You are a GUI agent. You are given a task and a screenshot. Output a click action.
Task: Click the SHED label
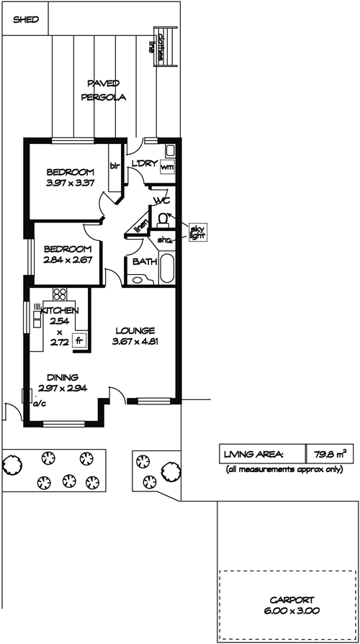click(26, 19)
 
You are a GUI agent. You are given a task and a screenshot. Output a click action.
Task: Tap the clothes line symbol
click(166, 45)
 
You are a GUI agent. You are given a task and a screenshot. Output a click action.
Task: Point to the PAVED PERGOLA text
click(103, 91)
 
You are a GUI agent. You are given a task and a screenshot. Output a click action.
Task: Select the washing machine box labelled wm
click(167, 167)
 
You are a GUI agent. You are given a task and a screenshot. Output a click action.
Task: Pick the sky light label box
click(198, 232)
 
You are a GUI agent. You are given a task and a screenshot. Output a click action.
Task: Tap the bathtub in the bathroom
click(167, 268)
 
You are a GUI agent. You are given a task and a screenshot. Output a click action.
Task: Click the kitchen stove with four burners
click(60, 294)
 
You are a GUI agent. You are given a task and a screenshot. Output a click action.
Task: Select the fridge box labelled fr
click(79, 340)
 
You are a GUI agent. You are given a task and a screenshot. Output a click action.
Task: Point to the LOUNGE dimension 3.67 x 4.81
click(135, 340)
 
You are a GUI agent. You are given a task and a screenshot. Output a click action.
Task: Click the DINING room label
click(63, 378)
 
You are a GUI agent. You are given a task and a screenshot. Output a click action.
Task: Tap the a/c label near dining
click(40, 404)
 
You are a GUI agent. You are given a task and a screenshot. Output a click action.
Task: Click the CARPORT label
click(292, 599)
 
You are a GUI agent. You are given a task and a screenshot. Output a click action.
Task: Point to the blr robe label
click(114, 166)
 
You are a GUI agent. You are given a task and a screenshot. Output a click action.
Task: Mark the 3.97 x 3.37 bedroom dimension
click(71, 183)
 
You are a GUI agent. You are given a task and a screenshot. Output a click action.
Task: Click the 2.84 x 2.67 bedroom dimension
click(68, 260)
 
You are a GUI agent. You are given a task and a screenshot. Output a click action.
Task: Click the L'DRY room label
click(144, 164)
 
